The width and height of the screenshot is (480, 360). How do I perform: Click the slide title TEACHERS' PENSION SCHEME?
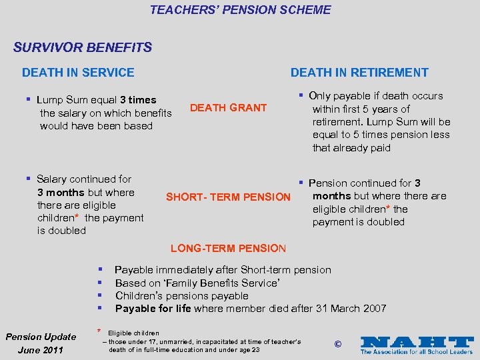pos(240,10)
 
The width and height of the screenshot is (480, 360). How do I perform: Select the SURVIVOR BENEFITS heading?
pos(83,48)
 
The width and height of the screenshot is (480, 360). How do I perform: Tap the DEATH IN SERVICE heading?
pos(78,73)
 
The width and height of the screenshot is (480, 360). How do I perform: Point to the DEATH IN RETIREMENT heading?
pos(359,73)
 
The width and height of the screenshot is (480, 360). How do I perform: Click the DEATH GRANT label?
pos(228,108)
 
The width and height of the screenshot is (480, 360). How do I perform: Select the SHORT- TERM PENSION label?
pos(228,197)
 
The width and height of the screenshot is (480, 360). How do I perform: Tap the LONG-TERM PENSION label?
pos(228,249)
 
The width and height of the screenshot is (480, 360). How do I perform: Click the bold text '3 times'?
pos(138,100)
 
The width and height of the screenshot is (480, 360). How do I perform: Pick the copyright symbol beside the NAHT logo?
pos(337,344)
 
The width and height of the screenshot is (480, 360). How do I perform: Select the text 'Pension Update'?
pos(42,337)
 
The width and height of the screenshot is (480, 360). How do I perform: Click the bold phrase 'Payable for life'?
pos(153,309)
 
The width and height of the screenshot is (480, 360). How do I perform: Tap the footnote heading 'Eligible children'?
pos(133,333)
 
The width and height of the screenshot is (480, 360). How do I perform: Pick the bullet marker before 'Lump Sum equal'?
pos(29,99)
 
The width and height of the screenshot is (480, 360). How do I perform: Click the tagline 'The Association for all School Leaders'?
pos(417,351)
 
